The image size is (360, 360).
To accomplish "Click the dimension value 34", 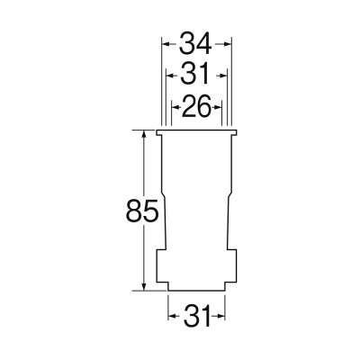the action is tap(195, 44).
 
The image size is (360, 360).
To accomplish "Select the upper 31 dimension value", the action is tap(194, 75).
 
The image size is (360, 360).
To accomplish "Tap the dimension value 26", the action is tap(196, 106).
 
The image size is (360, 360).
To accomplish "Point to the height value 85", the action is tap(142, 211).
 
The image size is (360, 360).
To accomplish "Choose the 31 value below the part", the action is tap(197, 317).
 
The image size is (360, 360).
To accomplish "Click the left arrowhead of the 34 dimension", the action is tap(165, 44).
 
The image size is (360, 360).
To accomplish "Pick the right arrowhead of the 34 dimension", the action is tap(229, 44).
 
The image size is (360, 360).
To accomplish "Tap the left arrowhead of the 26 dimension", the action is tap(174, 106).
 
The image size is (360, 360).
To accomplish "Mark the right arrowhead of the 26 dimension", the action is tap(219, 106).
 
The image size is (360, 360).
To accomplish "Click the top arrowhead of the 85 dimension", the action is tap(144, 133).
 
